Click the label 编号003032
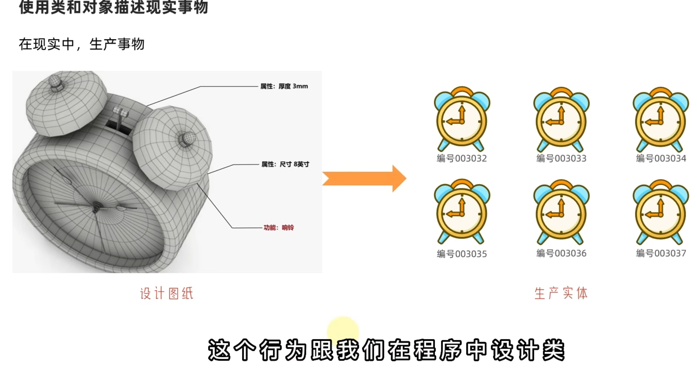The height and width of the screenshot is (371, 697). coord(461,159)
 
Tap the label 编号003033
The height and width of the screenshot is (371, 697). coord(561,159)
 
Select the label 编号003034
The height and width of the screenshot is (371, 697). coord(661,159)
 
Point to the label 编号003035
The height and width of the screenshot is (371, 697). coord(461,254)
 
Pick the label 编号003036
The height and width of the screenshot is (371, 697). coord(561,253)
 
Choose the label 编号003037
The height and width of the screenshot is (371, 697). coord(661,253)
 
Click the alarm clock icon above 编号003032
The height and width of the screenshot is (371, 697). coord(462,119)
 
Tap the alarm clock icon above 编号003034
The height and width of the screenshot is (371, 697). coord(661,119)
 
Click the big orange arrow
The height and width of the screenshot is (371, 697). coord(364,178)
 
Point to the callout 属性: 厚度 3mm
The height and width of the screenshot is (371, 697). coord(284,86)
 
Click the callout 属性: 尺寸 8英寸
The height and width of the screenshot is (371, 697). coord(285,164)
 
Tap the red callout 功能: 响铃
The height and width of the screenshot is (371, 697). coord(279,228)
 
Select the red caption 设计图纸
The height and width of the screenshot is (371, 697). coord(166,293)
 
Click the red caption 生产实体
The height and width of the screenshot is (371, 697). coord(561,293)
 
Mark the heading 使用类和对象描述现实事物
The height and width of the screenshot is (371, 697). coord(113,7)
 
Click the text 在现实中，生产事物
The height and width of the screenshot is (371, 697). coord(82,44)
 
